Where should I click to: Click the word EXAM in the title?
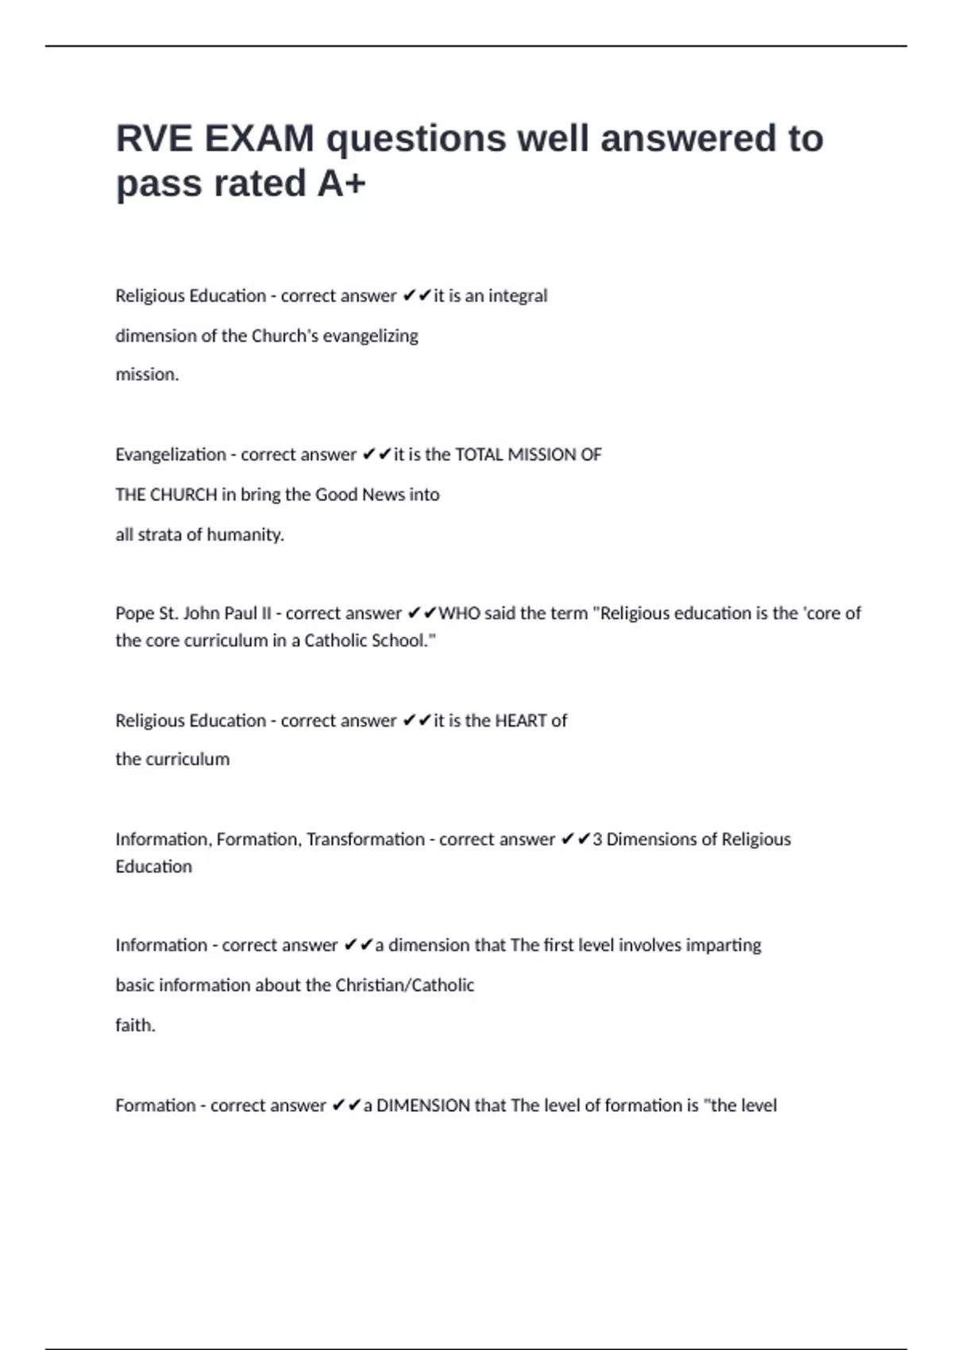pos(259,139)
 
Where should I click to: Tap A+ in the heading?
pos(341,183)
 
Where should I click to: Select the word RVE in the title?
pos(154,139)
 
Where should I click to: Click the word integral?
pos(518,296)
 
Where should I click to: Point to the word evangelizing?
pos(370,336)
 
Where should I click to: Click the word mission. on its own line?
pos(147,375)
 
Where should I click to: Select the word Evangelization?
pos(171,455)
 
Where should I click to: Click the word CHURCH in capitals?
pos(183,495)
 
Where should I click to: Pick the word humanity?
pos(245,534)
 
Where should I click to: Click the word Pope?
pos(133,614)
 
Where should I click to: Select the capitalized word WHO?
pos(459,614)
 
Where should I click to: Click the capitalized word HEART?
pos(520,721)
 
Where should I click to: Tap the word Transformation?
pos(365,839)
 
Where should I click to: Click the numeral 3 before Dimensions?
pos(597,839)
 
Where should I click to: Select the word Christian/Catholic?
pos(404,985)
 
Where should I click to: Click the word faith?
pos(135,1025)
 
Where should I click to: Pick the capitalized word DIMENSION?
pos(423,1105)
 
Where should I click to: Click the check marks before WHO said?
pos(422,614)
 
